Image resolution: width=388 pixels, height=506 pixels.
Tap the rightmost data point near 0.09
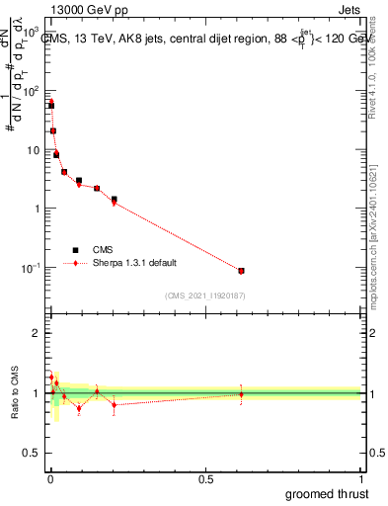(x=241, y=270)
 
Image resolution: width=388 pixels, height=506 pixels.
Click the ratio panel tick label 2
(x=37, y=333)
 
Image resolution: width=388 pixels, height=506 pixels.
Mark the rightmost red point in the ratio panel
(x=241, y=394)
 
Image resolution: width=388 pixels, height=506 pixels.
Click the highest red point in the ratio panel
(x=51, y=377)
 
